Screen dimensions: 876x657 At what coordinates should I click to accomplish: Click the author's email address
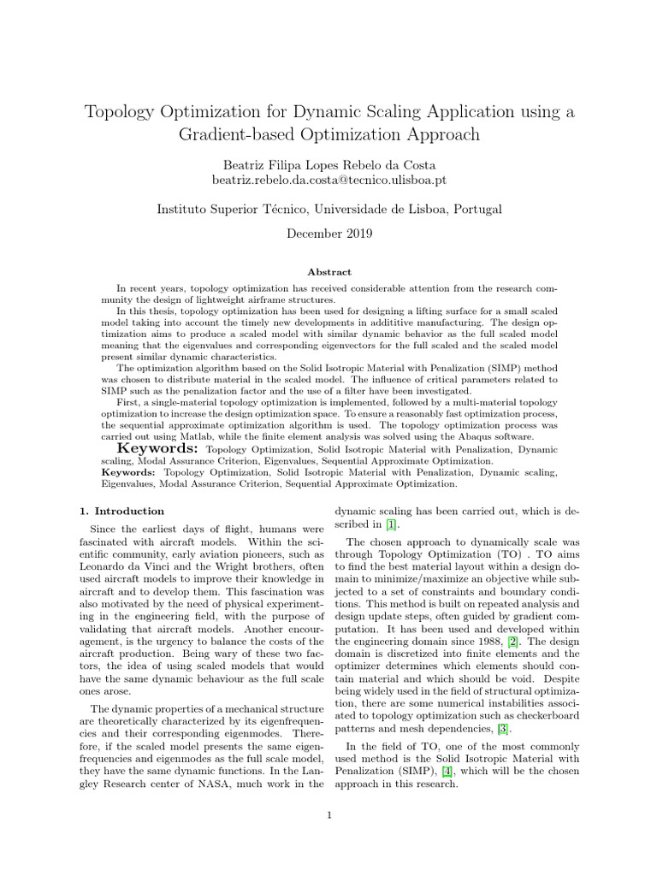point(328,181)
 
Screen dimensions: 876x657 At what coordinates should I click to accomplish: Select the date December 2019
point(328,233)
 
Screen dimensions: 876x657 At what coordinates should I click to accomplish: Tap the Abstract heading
point(328,272)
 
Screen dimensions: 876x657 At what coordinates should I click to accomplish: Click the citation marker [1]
point(391,524)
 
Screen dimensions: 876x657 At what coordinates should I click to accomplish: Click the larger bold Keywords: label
point(157,448)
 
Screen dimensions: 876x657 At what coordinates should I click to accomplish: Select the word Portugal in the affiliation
point(476,208)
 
